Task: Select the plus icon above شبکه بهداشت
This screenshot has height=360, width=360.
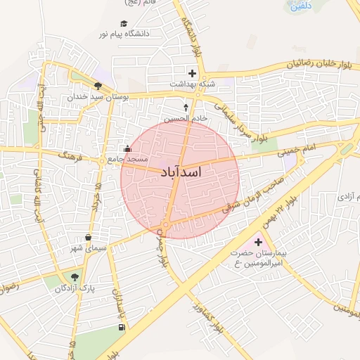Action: [191, 72]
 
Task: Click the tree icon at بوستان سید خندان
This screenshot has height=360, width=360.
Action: [98, 86]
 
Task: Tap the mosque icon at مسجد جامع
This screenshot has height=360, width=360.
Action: [127, 148]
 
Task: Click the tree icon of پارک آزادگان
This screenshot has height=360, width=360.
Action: [75, 276]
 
